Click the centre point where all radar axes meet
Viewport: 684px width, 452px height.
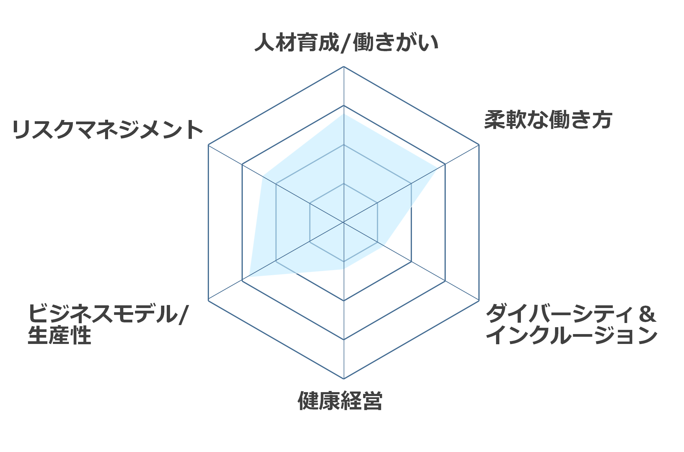(x=344, y=222)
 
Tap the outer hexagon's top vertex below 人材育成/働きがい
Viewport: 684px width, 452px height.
(x=344, y=66)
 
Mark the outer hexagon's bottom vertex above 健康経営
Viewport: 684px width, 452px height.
(x=344, y=379)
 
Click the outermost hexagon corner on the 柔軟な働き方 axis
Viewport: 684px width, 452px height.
(x=479, y=145)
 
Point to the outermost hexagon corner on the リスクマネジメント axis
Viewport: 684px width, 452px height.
(x=208, y=145)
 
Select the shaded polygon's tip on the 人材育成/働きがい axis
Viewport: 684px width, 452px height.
(x=344, y=114)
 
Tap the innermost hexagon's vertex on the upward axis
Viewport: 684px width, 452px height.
(x=344, y=183)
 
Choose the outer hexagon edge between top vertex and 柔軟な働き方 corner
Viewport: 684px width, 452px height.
(x=411, y=105)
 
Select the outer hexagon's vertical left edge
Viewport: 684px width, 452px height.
(x=208, y=222)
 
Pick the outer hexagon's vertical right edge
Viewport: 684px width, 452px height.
(x=479, y=222)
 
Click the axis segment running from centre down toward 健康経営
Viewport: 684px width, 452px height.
(x=344, y=301)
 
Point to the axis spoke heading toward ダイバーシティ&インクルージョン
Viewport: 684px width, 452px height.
(x=411, y=261)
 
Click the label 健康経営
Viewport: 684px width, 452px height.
(x=340, y=401)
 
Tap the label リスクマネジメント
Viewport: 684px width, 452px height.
(x=108, y=129)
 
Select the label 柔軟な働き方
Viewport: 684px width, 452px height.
(x=548, y=120)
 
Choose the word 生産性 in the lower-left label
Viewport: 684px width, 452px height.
(x=59, y=335)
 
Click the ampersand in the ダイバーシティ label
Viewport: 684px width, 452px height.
(x=647, y=314)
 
